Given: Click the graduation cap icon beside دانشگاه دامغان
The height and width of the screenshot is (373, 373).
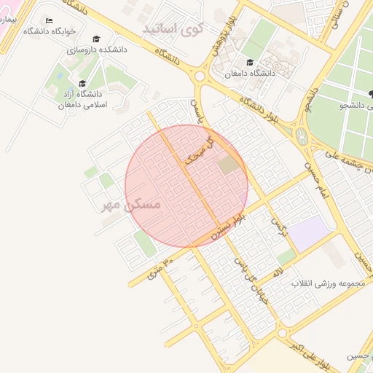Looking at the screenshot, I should coord(251,63).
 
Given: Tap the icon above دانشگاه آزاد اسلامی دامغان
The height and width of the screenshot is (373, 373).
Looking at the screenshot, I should coord(82,83).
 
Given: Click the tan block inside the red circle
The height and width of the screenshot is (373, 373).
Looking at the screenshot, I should coord(229,165).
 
